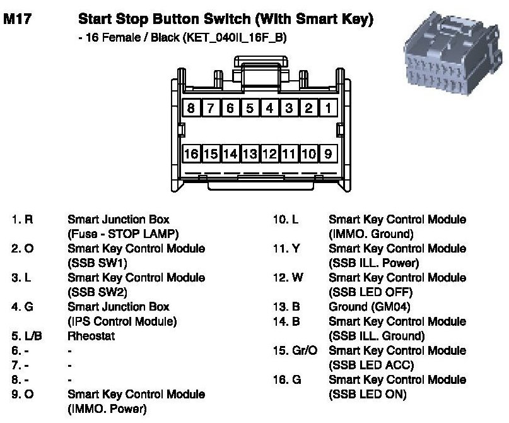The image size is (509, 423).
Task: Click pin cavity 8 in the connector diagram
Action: point(191,108)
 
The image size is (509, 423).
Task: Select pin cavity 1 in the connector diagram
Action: point(328,108)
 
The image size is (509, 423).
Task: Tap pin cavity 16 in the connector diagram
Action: point(191,153)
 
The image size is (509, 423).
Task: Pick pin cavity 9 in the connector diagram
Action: point(328,153)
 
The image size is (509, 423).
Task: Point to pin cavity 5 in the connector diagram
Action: point(250,108)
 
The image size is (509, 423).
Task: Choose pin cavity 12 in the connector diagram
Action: point(269,153)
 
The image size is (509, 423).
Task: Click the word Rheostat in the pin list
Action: point(92,336)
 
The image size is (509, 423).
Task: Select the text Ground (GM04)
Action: point(369,307)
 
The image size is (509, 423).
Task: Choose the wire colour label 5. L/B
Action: point(25,336)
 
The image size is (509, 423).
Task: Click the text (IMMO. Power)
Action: point(107,408)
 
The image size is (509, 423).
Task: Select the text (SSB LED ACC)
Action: point(371,365)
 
